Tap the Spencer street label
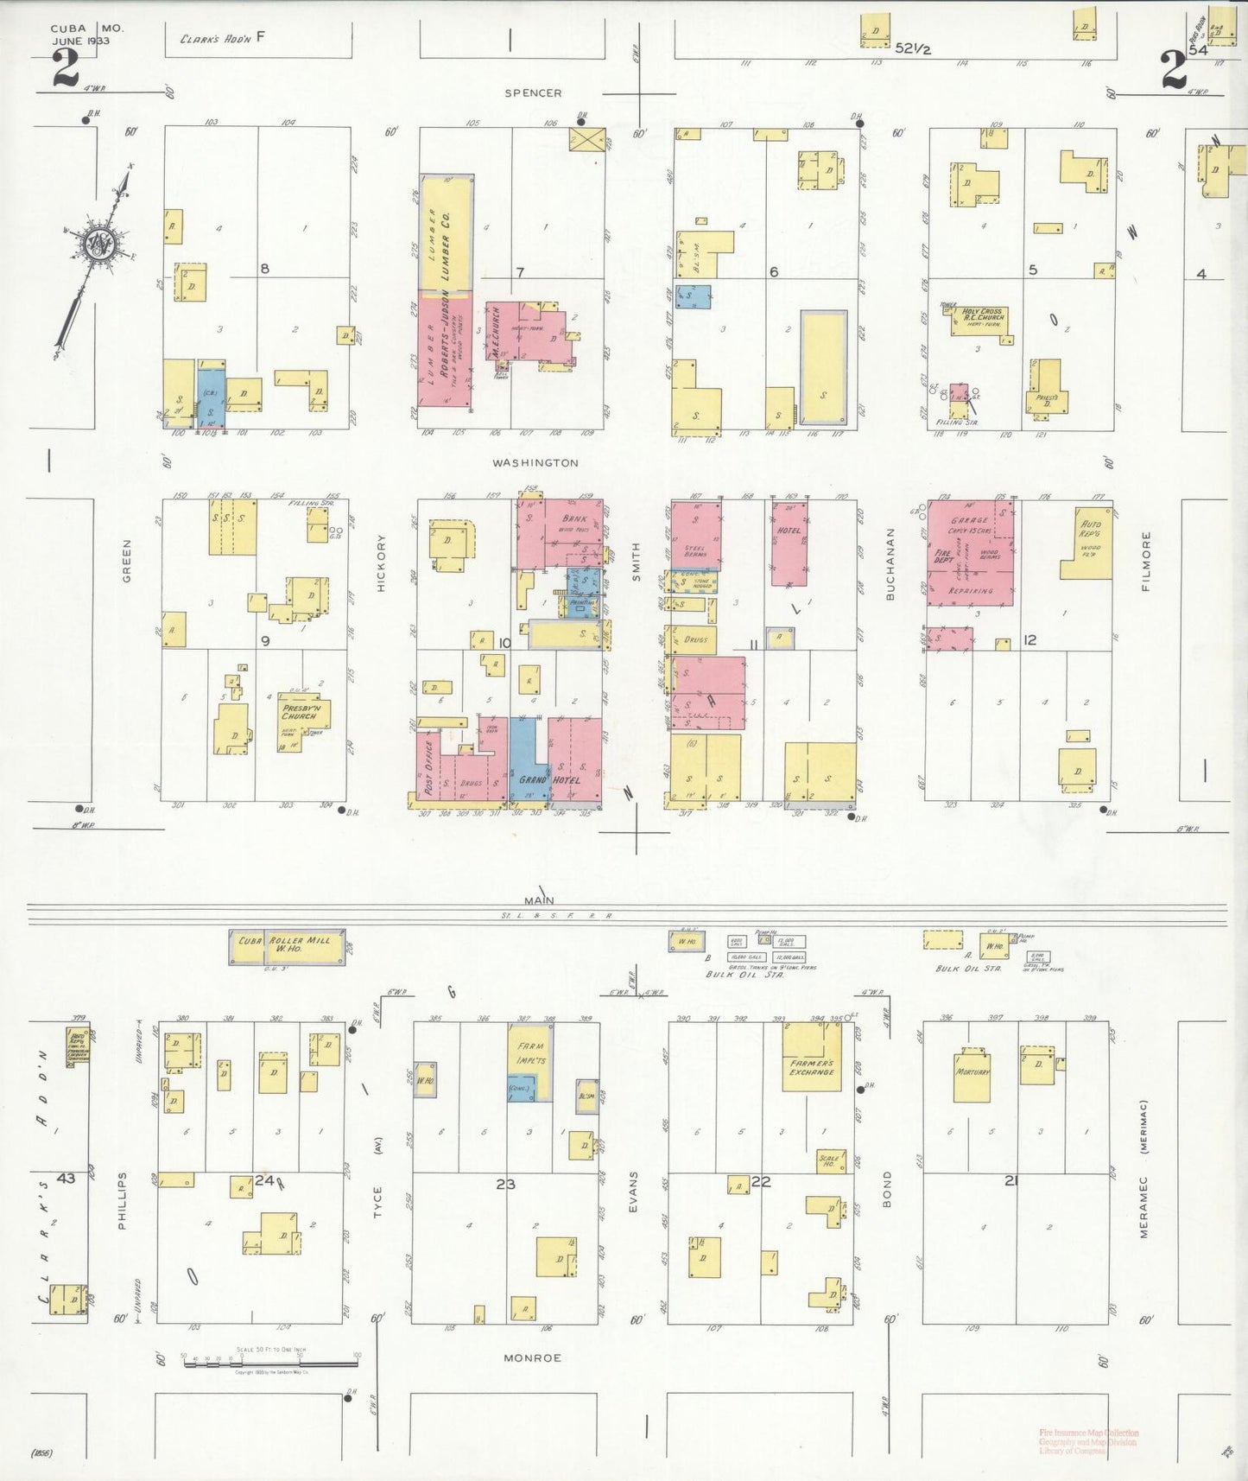tap(533, 93)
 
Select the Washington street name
tap(535, 463)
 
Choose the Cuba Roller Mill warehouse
tap(288, 946)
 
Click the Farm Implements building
tap(530, 1054)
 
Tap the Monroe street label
tap(533, 1358)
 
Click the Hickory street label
tap(381, 563)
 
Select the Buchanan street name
tap(890, 575)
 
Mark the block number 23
tap(505, 1184)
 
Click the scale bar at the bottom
tap(269, 1364)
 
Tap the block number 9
tap(266, 640)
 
